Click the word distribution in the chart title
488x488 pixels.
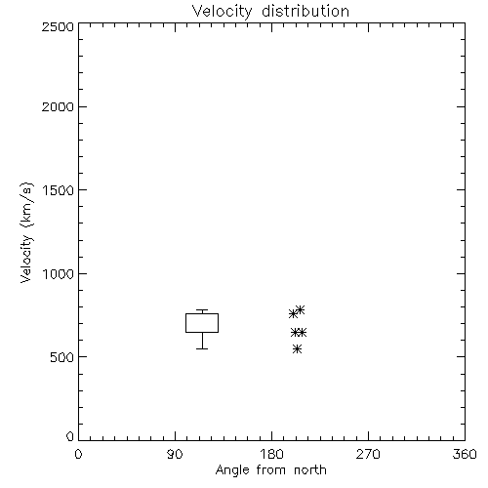(x=305, y=11)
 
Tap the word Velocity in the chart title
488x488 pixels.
(x=222, y=12)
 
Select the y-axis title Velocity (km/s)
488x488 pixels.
(x=26, y=232)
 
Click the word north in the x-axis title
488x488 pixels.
(x=310, y=470)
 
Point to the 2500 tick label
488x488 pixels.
(x=58, y=26)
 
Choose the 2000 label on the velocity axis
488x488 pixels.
(x=58, y=106)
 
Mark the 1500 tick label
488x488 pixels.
(x=59, y=190)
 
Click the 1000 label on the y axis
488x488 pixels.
(x=59, y=274)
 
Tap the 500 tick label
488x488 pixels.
(x=62, y=357)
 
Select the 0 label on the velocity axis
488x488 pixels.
(x=70, y=436)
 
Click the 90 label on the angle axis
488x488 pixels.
(x=175, y=454)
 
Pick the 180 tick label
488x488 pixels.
(x=271, y=454)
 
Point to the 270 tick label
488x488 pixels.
(x=368, y=454)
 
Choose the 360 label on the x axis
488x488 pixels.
(x=465, y=454)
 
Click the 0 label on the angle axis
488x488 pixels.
(x=78, y=454)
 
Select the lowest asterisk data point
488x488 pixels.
(x=297, y=349)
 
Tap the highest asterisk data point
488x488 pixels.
(x=300, y=309)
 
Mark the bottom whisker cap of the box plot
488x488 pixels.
(x=202, y=348)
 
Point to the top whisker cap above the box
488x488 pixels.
(x=202, y=310)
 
